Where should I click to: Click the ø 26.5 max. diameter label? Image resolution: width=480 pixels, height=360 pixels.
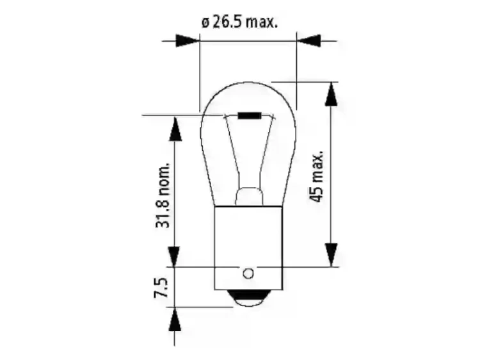(239, 22)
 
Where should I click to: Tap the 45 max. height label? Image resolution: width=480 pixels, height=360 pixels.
(316, 176)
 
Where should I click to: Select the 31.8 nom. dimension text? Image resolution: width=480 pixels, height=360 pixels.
(163, 195)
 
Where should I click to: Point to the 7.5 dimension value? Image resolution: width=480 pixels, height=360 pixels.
(161, 288)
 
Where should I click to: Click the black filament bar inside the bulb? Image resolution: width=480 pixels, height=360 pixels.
(250, 116)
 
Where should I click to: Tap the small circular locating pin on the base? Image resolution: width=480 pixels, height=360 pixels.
(248, 274)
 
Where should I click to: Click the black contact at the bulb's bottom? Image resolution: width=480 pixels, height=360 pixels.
(248, 298)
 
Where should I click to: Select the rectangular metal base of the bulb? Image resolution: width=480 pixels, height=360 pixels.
(248, 248)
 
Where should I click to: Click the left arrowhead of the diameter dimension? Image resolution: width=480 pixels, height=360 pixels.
(188, 40)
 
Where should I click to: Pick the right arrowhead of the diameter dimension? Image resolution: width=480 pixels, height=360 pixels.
(308, 40)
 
